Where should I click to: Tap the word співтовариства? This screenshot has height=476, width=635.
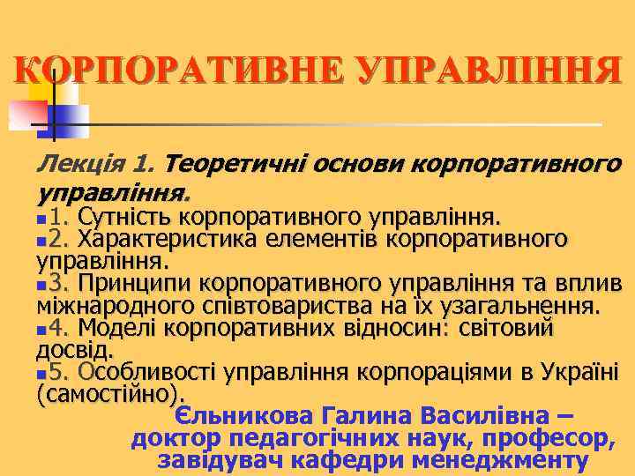coord(298,306)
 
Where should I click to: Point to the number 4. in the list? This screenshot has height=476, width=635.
coord(60,329)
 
